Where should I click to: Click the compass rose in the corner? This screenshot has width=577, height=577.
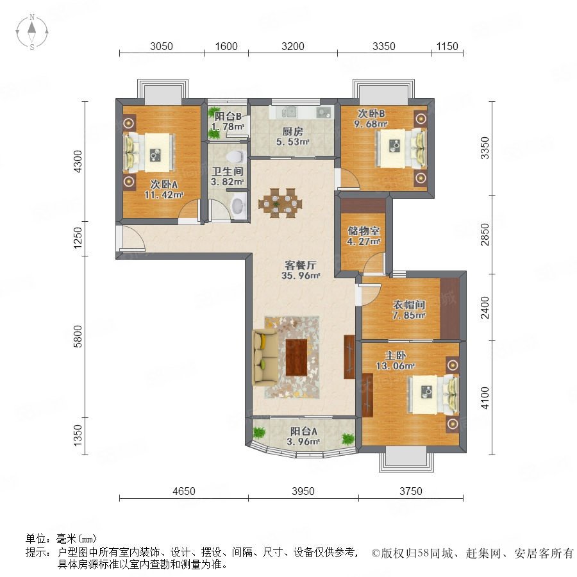[x=32, y=32]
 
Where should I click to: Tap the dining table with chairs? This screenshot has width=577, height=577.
[x=281, y=203]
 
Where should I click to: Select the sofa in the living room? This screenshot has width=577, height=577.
[x=265, y=357]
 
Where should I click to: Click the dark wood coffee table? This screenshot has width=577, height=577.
[x=297, y=357]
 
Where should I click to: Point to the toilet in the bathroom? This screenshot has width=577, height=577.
[x=235, y=157]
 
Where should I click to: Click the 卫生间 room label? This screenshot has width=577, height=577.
[x=228, y=171]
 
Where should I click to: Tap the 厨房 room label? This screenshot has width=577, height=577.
[x=292, y=131]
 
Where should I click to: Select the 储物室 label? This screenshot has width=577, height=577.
[x=364, y=231]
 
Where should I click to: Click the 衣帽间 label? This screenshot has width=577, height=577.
[x=409, y=305]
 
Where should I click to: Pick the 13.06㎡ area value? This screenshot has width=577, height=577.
[x=395, y=366]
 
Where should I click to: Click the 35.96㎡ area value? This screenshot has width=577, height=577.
[x=301, y=275]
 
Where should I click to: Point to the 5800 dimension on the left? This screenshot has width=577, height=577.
[x=78, y=337]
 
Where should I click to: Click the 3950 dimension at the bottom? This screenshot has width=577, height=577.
[x=303, y=491]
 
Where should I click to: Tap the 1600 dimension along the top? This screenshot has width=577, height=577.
[x=226, y=46]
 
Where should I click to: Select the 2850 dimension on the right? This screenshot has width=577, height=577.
[x=485, y=235]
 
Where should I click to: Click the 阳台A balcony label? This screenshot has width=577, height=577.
[x=304, y=431]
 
